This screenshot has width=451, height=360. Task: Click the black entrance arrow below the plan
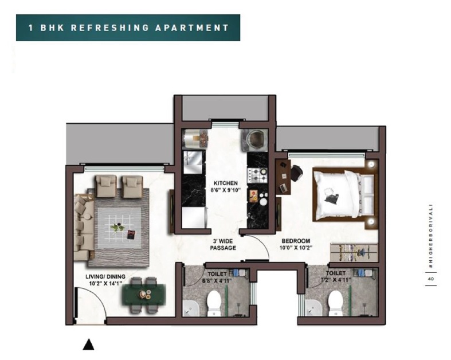[88, 345]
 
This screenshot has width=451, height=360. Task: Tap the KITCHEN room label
[226, 183]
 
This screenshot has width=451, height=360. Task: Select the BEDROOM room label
[296, 241]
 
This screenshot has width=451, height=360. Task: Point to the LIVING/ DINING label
[105, 276]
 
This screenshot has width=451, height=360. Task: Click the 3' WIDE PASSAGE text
[223, 244]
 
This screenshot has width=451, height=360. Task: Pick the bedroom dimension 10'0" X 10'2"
[296, 248]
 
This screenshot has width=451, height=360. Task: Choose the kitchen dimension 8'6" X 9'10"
[225, 190]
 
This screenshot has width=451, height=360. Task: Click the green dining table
[143, 295]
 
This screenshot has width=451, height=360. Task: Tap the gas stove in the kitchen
[258, 175]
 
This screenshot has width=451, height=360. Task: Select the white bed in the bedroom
[344, 195]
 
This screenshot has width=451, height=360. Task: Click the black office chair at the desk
[296, 174]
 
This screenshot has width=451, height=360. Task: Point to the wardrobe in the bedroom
[354, 253]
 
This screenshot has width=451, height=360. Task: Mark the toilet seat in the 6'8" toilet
[213, 303]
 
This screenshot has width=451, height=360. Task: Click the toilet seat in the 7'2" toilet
[336, 303]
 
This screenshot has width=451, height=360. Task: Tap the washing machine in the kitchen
[254, 140]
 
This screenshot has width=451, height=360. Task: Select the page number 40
[430, 279]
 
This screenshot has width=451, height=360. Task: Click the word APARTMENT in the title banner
[192, 28]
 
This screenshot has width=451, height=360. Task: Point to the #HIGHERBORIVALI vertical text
[430, 237]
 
